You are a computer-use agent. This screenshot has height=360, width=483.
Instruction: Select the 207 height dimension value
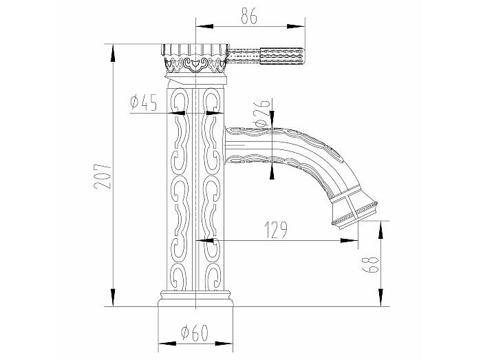103,176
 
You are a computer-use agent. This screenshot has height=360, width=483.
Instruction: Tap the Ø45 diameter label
144,103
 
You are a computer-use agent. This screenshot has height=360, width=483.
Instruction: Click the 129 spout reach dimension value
276,230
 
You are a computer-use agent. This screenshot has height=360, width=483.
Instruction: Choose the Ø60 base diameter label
195,332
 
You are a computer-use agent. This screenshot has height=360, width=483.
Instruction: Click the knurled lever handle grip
283,56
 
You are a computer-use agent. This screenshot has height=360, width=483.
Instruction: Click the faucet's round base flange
195,298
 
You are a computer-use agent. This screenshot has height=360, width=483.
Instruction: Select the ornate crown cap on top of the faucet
195,59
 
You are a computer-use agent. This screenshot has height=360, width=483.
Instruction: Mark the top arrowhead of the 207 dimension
113,53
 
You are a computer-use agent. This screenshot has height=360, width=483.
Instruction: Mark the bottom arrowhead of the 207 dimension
113,297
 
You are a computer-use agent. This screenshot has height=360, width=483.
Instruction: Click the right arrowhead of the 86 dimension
296,27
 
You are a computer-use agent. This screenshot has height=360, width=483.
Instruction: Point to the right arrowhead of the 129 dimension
350,240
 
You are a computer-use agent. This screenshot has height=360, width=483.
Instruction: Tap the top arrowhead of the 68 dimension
381,230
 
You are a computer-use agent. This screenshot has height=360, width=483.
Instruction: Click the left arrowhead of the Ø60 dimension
167,343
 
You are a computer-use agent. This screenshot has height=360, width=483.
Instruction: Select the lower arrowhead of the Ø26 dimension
272,171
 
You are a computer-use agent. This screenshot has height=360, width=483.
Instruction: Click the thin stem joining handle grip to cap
245,56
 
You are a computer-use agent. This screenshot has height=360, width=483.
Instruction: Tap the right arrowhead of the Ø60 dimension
224,343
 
